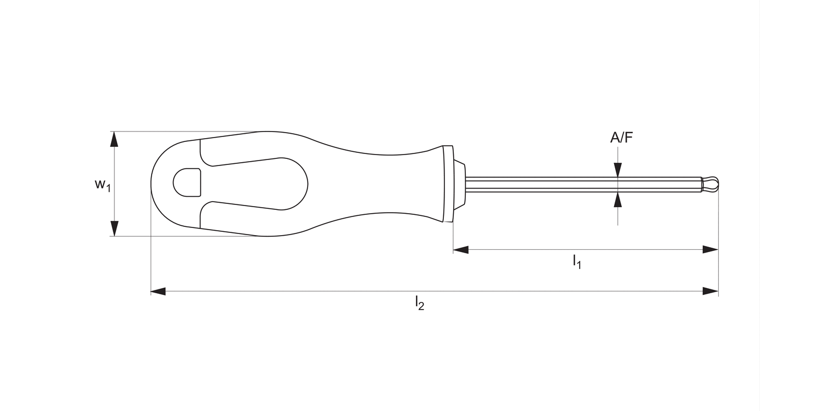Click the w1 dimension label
pyautogui.click(x=102, y=184)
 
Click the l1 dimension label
pyautogui.click(x=577, y=261)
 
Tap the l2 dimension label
pyautogui.click(x=419, y=302)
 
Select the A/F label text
pyautogui.click(x=621, y=138)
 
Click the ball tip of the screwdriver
pyautogui.click(x=711, y=184)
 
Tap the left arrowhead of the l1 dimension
pyautogui.click(x=461, y=250)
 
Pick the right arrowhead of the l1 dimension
pyautogui.click(x=710, y=250)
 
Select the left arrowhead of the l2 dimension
pyautogui.click(x=158, y=291)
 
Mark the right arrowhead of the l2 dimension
pyautogui.click(x=710, y=291)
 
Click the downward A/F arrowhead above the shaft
pyautogui.click(x=618, y=170)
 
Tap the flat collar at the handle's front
pyautogui.click(x=448, y=184)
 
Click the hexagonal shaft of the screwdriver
pyautogui.click(x=580, y=184)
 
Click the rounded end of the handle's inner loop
pyautogui.click(x=296, y=184)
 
